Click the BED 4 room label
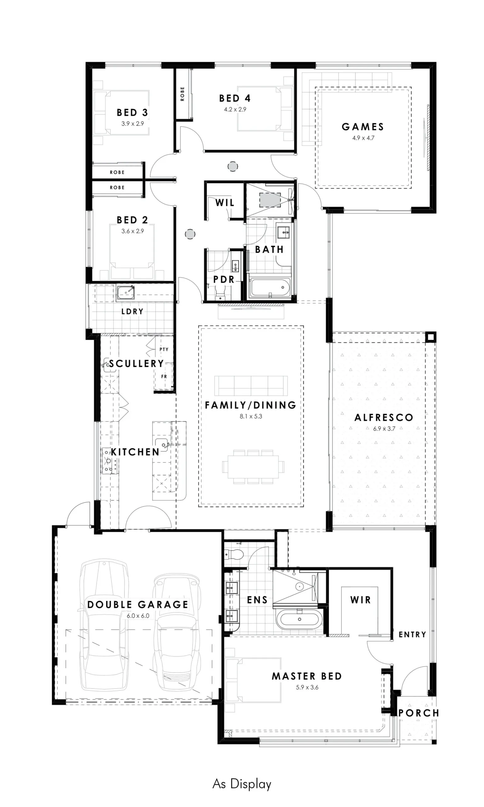tap(234, 98)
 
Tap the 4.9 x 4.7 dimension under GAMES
tap(363, 138)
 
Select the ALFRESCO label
tap(384, 417)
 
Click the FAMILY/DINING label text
tap(251, 405)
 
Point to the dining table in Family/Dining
tap(253, 467)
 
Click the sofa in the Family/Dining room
tap(251, 386)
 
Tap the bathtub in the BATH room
tap(270, 287)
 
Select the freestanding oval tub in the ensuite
tap(299, 619)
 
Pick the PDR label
tap(224, 280)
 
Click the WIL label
tap(225, 203)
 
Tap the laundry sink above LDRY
tap(125, 293)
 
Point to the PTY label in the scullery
tap(164, 349)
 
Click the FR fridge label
tap(164, 376)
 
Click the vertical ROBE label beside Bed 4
tap(182, 94)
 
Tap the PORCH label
tap(419, 713)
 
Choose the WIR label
tap(360, 600)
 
